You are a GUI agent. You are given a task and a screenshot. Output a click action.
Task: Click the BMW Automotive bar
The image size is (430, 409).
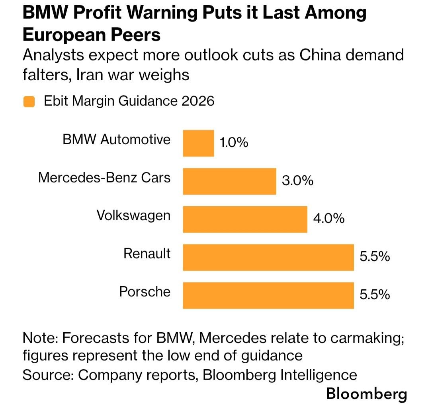[199, 143]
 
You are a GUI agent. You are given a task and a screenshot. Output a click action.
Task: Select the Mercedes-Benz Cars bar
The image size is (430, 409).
[230, 181]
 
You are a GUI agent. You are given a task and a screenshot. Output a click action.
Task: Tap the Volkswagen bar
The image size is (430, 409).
[245, 219]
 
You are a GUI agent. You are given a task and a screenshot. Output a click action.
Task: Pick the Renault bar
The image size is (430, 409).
[268, 257]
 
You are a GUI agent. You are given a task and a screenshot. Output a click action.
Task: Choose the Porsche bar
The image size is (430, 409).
[268, 295]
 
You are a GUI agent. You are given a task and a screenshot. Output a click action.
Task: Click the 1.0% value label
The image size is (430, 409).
[234, 143]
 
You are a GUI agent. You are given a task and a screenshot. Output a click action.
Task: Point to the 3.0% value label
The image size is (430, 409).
[297, 181]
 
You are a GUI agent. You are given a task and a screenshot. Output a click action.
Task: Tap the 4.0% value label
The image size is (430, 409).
[329, 219]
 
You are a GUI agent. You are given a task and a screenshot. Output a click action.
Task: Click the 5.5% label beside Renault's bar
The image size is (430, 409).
[375, 256]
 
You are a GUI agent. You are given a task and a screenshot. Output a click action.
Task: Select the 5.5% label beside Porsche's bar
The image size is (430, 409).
[375, 295]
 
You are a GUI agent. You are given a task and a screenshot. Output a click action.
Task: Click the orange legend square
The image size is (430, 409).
[29, 102]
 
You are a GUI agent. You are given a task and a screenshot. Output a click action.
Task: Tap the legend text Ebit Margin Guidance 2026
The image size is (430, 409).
[129, 101]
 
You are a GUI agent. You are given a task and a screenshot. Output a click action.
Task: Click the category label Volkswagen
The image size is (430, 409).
[133, 216]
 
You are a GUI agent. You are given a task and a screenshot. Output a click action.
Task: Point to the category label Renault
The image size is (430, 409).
[147, 253]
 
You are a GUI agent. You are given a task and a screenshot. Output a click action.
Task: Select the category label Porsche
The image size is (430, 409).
[145, 292]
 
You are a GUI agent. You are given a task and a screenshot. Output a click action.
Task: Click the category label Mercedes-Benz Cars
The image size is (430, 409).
[104, 177]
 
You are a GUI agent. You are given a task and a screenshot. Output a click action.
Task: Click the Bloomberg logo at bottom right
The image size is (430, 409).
[367, 394]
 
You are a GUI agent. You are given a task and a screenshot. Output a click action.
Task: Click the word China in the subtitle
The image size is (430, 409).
[320, 55]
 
